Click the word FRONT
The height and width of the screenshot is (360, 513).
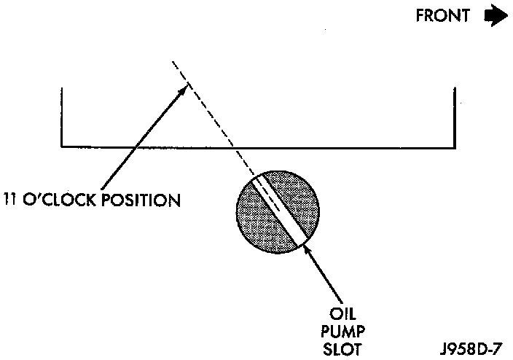pos(443,16)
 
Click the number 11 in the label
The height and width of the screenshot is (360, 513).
pos(10,200)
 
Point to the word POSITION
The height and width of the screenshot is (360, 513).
pos(142,200)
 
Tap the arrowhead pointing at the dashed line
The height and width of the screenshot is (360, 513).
pos(184,87)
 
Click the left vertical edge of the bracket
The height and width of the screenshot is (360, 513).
pos(62,117)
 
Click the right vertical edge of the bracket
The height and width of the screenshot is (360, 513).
pos(455,117)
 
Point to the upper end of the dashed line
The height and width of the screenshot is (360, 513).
pos(173,61)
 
